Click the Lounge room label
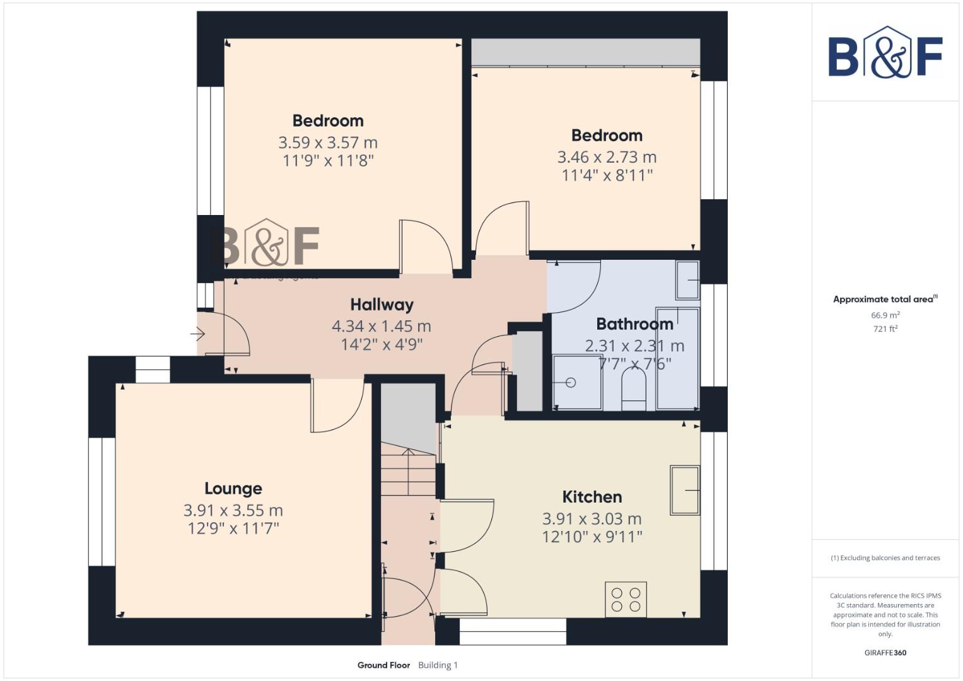[233, 489]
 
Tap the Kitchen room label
[592, 497]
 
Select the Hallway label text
[382, 305]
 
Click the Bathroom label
[634, 324]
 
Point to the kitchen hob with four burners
[626, 599]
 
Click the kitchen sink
[685, 490]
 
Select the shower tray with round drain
[576, 383]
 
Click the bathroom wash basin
[687, 280]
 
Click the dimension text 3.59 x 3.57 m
[328, 143]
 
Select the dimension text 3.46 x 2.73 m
[607, 157]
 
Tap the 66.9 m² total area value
[885, 315]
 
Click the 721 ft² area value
[885, 329]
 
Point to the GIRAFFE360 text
[885, 653]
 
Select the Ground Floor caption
[383, 665]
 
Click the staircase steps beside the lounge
[408, 473]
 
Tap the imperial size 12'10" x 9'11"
[592, 537]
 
